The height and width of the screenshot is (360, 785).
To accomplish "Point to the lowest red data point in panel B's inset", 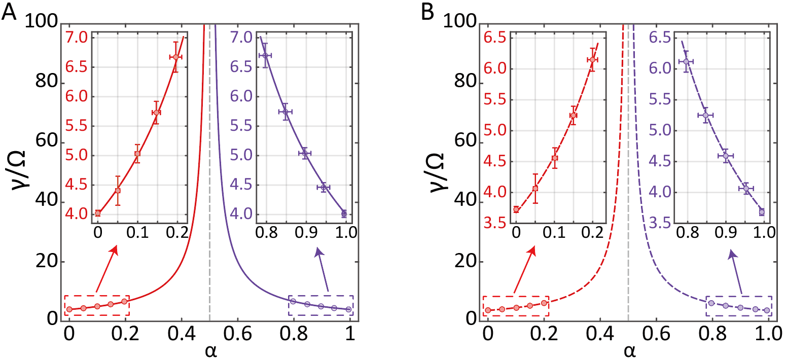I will point(516,209).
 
